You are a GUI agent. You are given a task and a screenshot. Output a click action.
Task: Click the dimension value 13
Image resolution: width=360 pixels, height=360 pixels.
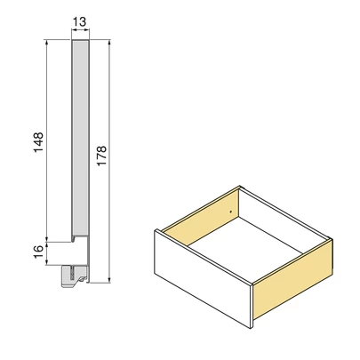pyautogui.click(x=79, y=22)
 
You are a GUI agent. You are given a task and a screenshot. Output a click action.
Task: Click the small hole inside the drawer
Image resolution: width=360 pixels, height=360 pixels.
pyautogui.click(x=231, y=212)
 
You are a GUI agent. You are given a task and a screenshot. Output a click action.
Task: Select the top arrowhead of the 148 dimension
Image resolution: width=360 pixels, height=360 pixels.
pyautogui.click(x=46, y=42)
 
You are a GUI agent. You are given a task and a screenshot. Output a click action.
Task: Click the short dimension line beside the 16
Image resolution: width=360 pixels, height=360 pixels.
pyautogui.click(x=46, y=252)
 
